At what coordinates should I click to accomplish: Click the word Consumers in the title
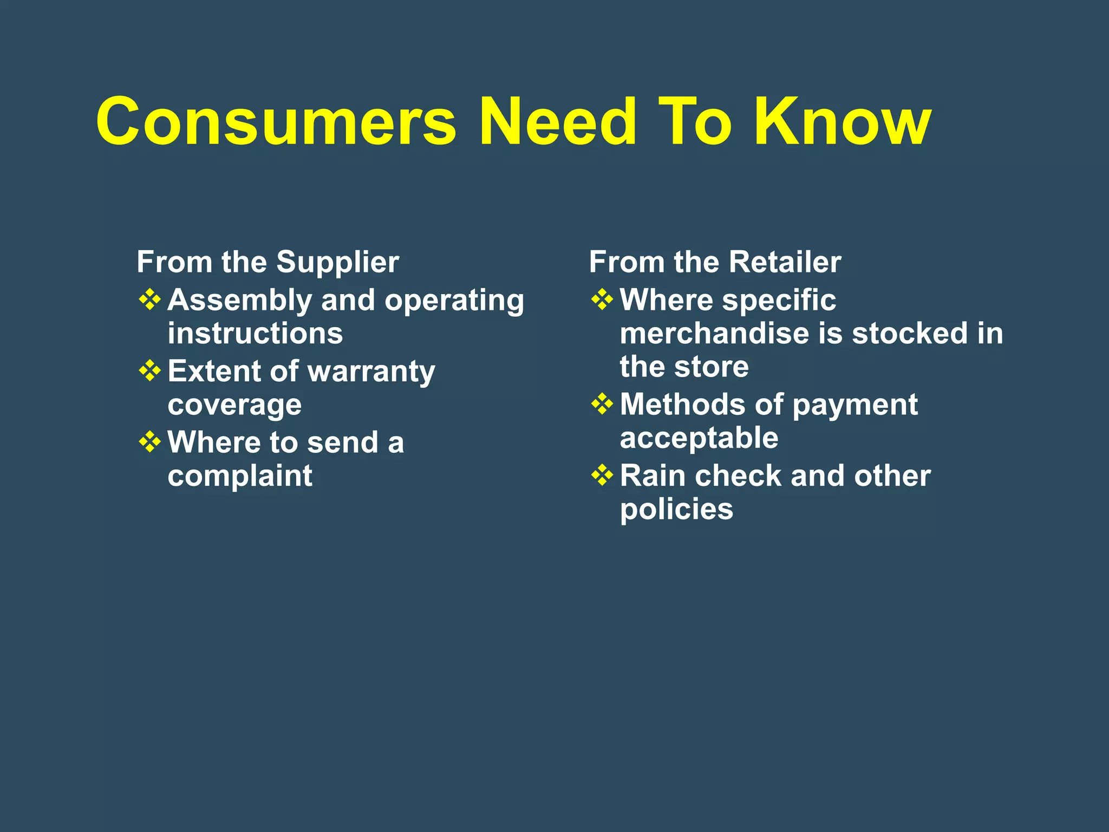click(276, 122)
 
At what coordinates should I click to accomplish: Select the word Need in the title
click(558, 122)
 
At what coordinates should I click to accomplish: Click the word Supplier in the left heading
click(338, 263)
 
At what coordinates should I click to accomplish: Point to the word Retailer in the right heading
click(785, 262)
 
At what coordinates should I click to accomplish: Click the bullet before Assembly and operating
click(150, 300)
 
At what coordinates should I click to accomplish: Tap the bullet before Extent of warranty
click(150, 371)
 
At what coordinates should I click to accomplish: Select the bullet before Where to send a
click(150, 442)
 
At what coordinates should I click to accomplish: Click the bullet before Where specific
click(602, 300)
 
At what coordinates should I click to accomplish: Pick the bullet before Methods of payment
click(602, 404)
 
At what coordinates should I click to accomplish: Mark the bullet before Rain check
click(602, 476)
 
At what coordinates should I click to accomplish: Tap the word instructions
click(255, 333)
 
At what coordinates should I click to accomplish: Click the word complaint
click(240, 477)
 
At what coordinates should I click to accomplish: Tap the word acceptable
click(699, 438)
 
